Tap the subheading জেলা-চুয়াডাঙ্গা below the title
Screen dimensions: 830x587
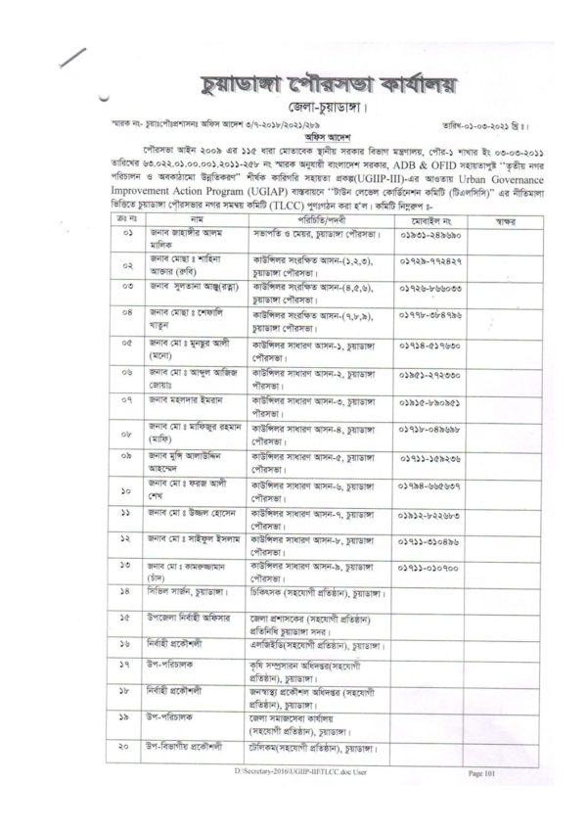291,105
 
